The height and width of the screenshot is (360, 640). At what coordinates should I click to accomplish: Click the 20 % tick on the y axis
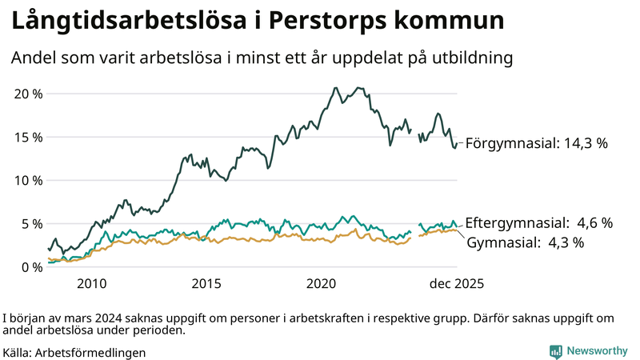(x=28, y=94)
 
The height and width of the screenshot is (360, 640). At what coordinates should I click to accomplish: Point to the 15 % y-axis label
(x=28, y=137)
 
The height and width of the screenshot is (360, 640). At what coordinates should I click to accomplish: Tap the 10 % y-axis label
(x=28, y=180)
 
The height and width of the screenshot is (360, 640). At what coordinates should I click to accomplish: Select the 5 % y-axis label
(x=31, y=223)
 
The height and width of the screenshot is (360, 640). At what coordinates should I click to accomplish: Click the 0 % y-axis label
(x=31, y=266)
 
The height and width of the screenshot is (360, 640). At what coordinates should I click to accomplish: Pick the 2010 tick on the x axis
(x=91, y=284)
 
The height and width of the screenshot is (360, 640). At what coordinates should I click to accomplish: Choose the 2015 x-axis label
(x=206, y=284)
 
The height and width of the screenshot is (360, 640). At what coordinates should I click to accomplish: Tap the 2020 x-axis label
(x=321, y=284)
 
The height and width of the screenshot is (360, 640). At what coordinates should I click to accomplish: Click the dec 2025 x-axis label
(x=456, y=284)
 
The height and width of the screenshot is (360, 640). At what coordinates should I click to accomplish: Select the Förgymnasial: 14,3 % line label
(x=536, y=144)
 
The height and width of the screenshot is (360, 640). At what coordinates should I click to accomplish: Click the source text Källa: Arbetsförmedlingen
(x=74, y=351)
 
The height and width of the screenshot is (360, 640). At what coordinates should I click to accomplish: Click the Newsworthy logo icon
(x=555, y=351)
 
